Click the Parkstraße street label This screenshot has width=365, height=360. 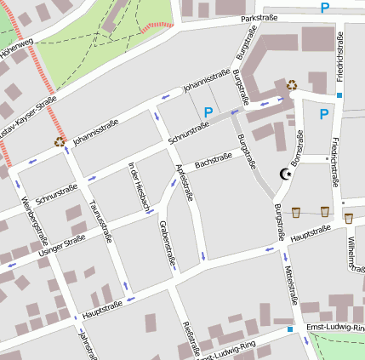(x=259, y=17)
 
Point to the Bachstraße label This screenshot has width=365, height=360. (x=214, y=159)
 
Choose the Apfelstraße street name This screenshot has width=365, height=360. (x=184, y=180)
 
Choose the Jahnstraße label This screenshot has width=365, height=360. (x=85, y=345)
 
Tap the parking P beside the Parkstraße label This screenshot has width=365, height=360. (x=325, y=9)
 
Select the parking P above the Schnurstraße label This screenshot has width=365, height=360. (x=208, y=111)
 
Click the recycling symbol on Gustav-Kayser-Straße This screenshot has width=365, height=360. (x=60, y=142)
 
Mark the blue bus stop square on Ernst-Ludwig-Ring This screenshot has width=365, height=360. (x=289, y=329)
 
